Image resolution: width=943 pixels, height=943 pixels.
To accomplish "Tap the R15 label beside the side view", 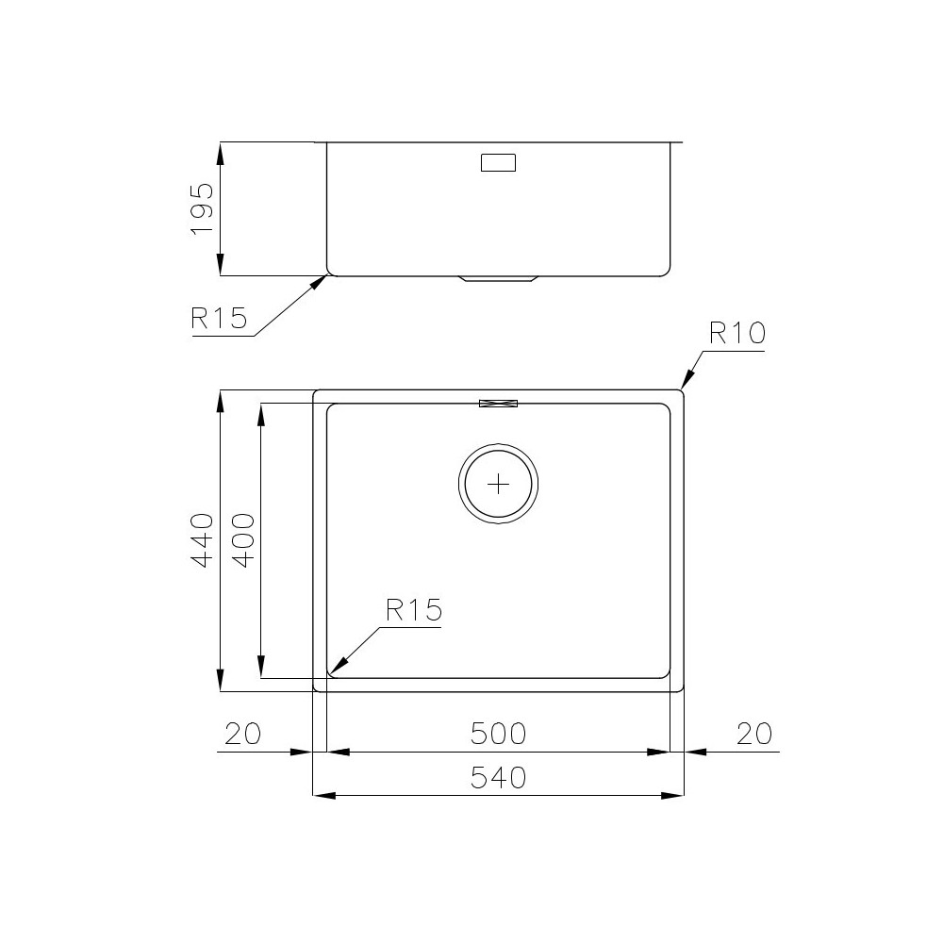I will pyautogui.click(x=218, y=318).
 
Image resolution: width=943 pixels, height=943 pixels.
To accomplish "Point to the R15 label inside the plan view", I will pyautogui.click(x=413, y=610).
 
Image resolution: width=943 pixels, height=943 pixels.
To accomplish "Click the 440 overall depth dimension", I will pyautogui.click(x=202, y=539).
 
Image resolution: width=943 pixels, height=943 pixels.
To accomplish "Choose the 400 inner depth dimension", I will pyautogui.click(x=241, y=539).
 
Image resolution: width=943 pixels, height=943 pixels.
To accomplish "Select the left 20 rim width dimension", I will pyautogui.click(x=242, y=732).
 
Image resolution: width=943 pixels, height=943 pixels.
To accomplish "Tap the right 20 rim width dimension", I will pyautogui.click(x=754, y=732).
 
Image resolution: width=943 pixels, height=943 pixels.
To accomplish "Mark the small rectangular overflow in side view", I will pyautogui.click(x=499, y=162).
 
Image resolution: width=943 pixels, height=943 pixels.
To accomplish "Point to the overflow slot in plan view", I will pyautogui.click(x=499, y=404).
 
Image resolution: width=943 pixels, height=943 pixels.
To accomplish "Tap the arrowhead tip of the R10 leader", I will pyautogui.click(x=684, y=388).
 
